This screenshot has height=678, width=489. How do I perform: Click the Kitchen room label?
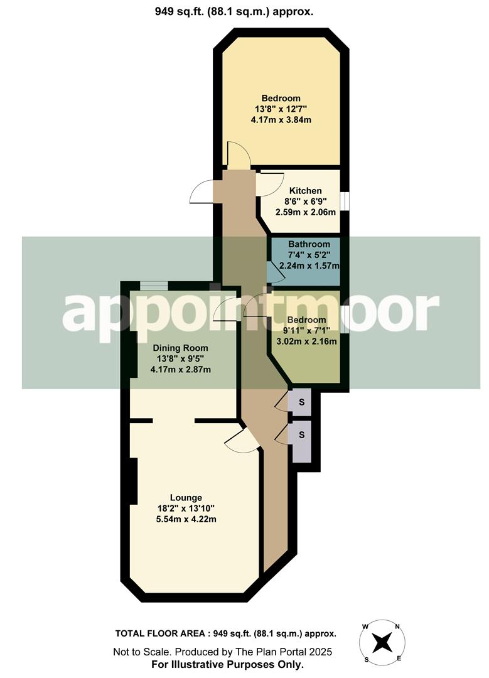point(305,191)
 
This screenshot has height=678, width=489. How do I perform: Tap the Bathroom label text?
point(309,244)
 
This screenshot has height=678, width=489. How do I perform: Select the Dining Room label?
point(182,348)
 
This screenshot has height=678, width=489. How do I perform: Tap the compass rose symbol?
point(382,642)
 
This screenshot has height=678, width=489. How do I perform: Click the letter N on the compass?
point(397,626)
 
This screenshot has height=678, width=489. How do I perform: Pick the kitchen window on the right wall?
point(344,201)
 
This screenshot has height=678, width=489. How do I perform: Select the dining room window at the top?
point(154,286)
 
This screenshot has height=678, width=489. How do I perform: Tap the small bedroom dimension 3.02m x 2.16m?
point(306,342)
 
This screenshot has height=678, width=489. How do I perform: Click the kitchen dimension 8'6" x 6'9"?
point(305,202)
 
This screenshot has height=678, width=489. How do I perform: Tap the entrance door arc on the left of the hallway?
point(201,191)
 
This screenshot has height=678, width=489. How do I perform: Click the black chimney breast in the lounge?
point(133,481)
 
